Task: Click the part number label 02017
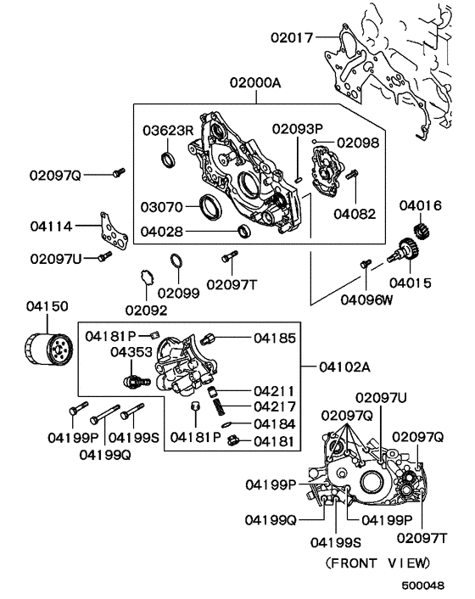(x=291, y=37)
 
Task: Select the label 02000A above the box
(x=254, y=83)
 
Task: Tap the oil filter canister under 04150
(x=47, y=350)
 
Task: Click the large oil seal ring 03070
(x=207, y=205)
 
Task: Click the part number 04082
(x=354, y=214)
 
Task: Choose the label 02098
(x=358, y=143)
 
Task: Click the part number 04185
(x=276, y=338)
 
